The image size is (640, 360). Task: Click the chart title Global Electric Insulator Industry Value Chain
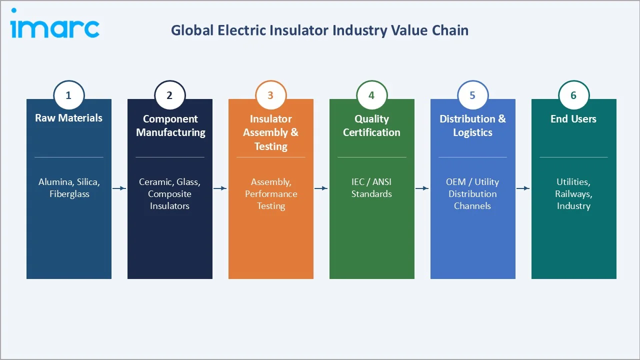point(319,30)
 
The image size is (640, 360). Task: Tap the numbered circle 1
point(69,95)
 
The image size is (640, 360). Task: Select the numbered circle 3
point(270,95)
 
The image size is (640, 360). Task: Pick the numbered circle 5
point(472,95)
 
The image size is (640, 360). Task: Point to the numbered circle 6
point(573,95)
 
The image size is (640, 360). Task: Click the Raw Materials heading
point(69,118)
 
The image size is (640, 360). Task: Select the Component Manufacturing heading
point(170,125)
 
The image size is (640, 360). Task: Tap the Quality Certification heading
point(371,125)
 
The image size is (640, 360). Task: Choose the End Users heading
point(573,119)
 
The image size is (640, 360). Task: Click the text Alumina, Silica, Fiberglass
point(69,188)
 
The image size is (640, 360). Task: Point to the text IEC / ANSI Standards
point(371,188)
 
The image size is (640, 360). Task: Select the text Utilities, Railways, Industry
point(573,194)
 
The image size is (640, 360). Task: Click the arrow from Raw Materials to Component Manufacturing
point(119,188)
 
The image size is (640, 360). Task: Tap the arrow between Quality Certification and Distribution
point(422,188)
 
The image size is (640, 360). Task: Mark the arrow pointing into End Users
point(523,188)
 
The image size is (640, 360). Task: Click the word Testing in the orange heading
point(270,146)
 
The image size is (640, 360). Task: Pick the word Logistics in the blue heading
point(472,132)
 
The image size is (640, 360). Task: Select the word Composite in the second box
point(169,194)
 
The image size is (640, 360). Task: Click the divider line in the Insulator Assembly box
point(270,157)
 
